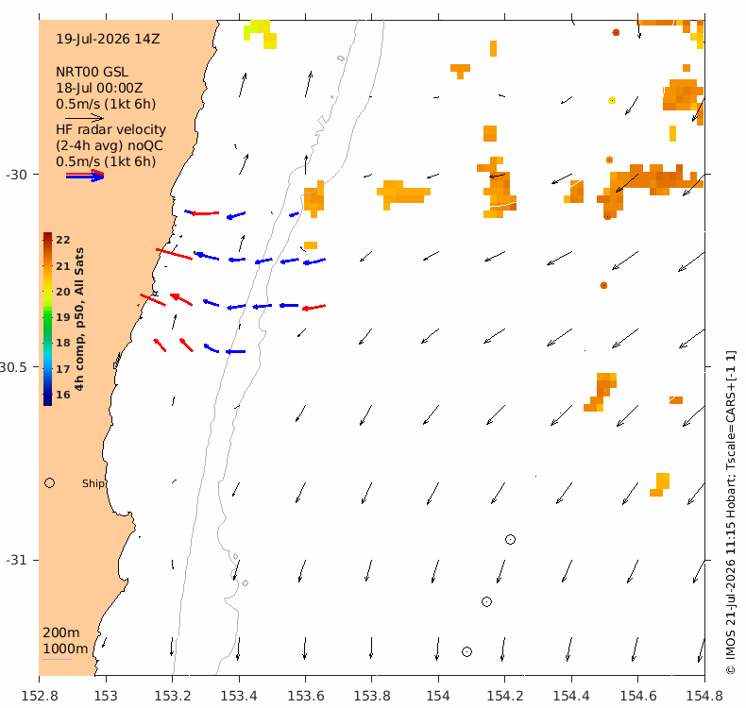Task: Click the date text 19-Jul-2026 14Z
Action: (x=108, y=39)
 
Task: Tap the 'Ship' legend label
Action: (x=93, y=483)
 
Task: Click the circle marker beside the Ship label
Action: (x=49, y=483)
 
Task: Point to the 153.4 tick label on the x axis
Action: (x=239, y=696)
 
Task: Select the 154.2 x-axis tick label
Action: (x=505, y=696)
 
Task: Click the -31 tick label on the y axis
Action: (x=16, y=560)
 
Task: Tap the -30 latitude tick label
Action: (x=16, y=175)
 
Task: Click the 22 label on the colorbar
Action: (x=63, y=240)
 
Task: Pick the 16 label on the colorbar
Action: (x=63, y=395)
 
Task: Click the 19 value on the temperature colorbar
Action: (x=63, y=317)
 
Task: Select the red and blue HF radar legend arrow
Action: (x=85, y=176)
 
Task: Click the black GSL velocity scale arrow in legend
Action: (x=84, y=117)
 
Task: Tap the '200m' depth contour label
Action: (x=60, y=632)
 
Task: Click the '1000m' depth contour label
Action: (x=65, y=649)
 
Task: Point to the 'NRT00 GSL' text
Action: (x=92, y=73)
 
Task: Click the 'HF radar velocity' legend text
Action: (x=110, y=130)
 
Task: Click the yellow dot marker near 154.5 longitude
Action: (x=612, y=100)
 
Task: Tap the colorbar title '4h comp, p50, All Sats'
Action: (x=79, y=319)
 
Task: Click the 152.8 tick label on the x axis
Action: (x=40, y=696)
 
